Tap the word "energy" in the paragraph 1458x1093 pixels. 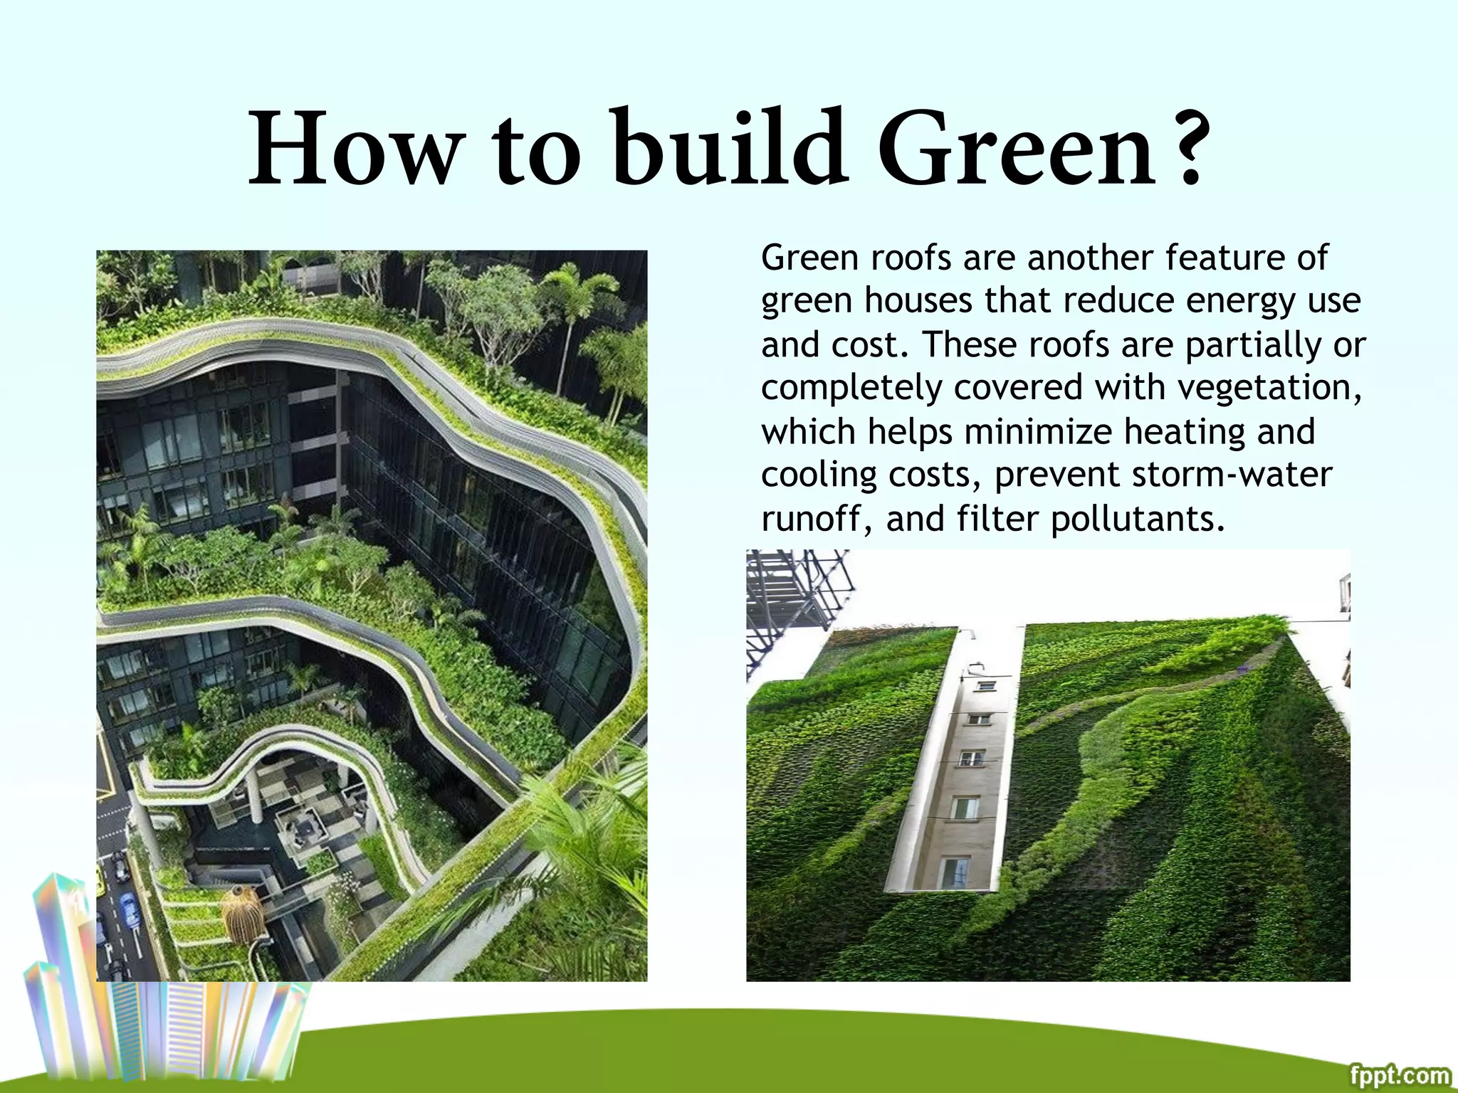[1240, 301]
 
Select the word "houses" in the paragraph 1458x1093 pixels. [918, 301]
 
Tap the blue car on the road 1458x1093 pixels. [129, 909]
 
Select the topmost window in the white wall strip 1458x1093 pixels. [986, 686]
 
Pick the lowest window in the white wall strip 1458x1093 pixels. [953, 871]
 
